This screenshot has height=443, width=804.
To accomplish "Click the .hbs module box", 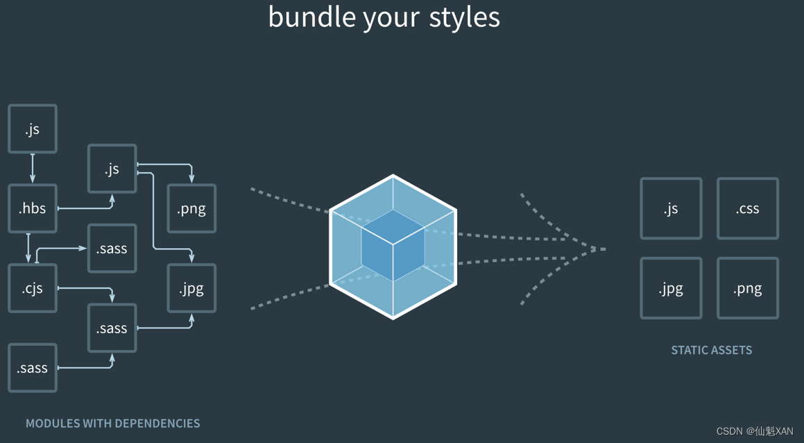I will point(33,208).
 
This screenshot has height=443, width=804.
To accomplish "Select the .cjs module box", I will point(33,288).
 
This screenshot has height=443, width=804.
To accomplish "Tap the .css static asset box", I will point(747,208).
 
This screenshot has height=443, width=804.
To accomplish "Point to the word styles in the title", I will point(464,17).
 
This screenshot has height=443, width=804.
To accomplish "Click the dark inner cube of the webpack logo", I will point(393,245).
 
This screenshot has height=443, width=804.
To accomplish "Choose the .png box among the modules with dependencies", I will point(191,208).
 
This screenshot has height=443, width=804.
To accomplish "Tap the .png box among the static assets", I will point(747,288).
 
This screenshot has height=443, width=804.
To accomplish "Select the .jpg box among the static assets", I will point(671,288).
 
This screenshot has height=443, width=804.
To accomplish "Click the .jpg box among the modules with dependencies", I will point(191,288).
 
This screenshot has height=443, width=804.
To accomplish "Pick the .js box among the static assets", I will point(671,208).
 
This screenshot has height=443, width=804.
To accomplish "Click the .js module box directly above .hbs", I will point(33,129).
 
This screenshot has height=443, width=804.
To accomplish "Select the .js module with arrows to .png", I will point(112,169).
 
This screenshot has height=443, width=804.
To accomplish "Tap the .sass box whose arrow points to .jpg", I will point(112,328).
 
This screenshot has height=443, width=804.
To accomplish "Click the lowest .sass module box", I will point(33,368).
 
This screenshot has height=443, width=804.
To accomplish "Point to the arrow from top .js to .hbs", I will point(33,169).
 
